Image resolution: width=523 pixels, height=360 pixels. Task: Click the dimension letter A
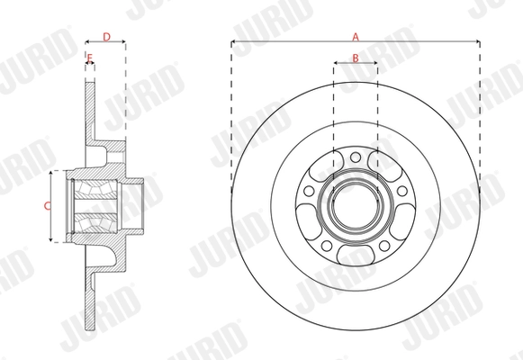click(355, 37)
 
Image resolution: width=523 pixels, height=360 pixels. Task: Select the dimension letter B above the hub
click(355, 58)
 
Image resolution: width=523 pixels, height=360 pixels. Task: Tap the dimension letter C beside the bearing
click(48, 205)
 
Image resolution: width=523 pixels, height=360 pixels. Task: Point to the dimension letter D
click(106, 37)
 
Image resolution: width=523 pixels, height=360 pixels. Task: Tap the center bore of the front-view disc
click(355, 205)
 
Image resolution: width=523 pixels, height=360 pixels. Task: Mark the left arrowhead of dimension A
click(234, 41)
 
